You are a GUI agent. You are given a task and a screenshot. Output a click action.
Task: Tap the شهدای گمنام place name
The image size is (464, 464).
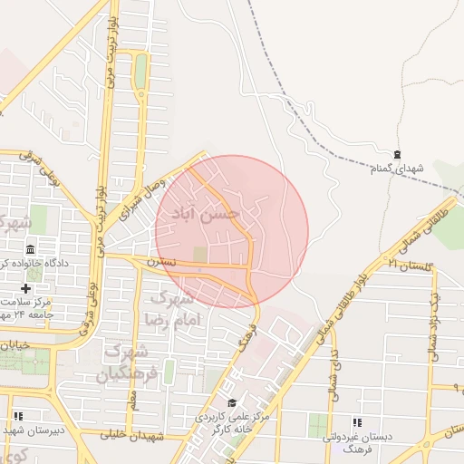pyautogui.click(x=397, y=169)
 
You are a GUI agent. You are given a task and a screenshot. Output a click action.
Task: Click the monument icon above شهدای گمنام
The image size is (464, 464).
pyautogui.click(x=397, y=154)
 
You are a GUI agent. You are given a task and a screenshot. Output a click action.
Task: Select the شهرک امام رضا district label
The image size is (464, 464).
pyautogui.click(x=169, y=308)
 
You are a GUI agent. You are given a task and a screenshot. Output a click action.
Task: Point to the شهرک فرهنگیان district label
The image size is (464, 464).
pyautogui.click(x=131, y=361)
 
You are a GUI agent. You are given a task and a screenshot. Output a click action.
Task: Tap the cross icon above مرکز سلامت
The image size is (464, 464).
pyautogui.click(x=26, y=288)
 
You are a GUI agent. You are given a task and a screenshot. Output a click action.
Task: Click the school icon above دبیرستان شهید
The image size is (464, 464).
pyautogui.click(x=18, y=416)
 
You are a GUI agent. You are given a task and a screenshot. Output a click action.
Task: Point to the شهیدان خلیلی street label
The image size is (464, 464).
pyautogui.click(x=132, y=436)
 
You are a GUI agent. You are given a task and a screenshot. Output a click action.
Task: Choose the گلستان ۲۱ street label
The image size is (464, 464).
pyautogui.click(x=410, y=264)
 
